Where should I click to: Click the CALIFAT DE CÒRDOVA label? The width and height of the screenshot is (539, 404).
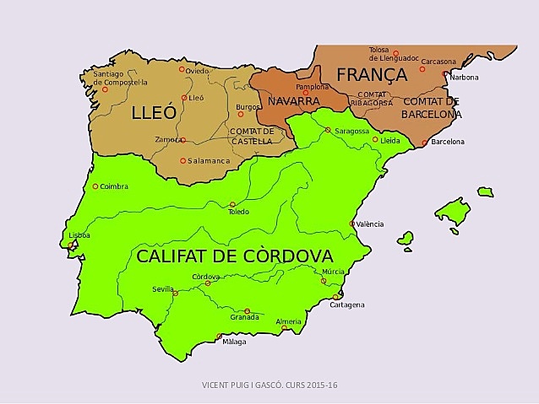point(235,256)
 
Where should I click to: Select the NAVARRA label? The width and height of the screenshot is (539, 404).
point(293,101)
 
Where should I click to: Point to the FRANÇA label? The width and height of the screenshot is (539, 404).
point(372,74)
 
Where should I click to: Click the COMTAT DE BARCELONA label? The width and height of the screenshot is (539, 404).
point(431,108)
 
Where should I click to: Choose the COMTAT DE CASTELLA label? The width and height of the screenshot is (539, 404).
point(252,136)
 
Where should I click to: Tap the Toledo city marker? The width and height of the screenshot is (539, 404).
point(232,204)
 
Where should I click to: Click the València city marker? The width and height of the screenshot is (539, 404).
point(352,224)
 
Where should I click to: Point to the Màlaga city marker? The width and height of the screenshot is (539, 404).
point(220,337)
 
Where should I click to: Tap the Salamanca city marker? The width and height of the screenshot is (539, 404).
point(182,160)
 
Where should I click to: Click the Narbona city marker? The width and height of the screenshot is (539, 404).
point(445,74)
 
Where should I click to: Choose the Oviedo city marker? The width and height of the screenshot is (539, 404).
point(182,71)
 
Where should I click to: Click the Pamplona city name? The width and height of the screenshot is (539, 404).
point(313,87)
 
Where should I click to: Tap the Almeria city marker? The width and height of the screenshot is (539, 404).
point(285,328)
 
